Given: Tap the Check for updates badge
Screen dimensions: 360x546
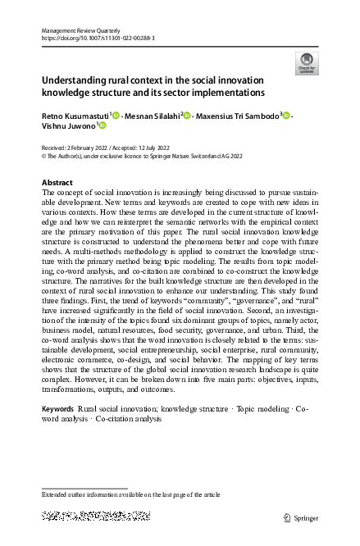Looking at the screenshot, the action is click(x=306, y=63).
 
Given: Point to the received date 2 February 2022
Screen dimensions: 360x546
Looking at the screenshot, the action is click(x=86, y=145).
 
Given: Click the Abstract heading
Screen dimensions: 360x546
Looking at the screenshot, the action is click(x=57, y=183).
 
